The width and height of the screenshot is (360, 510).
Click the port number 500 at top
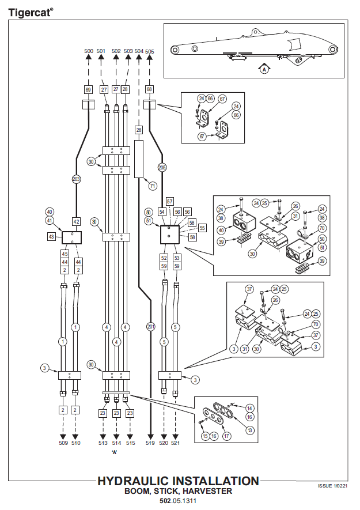[x=88, y=51]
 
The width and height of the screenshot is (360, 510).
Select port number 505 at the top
[x=149, y=51]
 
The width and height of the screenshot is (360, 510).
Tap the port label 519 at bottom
[x=150, y=443]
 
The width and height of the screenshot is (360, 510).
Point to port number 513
[x=103, y=443]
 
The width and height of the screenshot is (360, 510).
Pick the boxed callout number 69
[x=88, y=89]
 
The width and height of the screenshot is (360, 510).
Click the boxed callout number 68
[x=149, y=89]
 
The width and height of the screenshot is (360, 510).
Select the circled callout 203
[x=76, y=179]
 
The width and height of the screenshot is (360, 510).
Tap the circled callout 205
[x=162, y=167]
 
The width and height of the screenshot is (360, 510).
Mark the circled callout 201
[x=150, y=327]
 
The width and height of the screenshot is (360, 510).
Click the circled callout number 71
[x=153, y=186]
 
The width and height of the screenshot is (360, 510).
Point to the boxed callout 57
[x=170, y=201]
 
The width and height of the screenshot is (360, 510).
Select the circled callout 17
[x=227, y=436]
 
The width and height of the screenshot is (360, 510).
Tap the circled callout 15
[x=205, y=436]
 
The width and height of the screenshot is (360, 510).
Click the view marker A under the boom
[x=264, y=69]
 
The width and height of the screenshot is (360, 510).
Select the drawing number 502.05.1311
[x=178, y=501]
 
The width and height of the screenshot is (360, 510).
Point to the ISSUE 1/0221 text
[x=334, y=486]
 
